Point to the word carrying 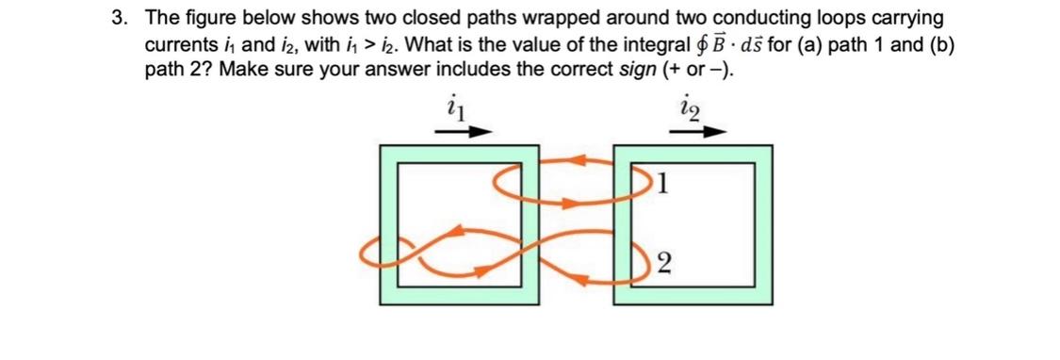tap(908, 20)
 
